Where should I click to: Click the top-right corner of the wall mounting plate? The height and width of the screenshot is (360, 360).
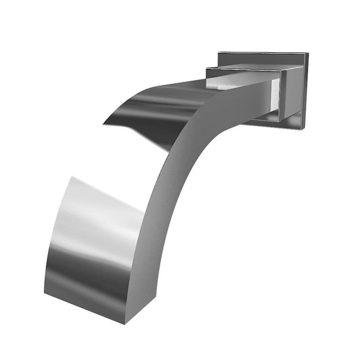[308, 53]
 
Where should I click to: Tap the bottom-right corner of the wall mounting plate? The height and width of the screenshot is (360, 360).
[305, 129]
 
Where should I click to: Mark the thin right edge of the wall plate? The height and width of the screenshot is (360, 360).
[307, 90]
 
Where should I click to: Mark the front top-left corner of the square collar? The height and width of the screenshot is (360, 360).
[206, 68]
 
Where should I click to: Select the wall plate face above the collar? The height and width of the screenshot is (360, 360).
[259, 58]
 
